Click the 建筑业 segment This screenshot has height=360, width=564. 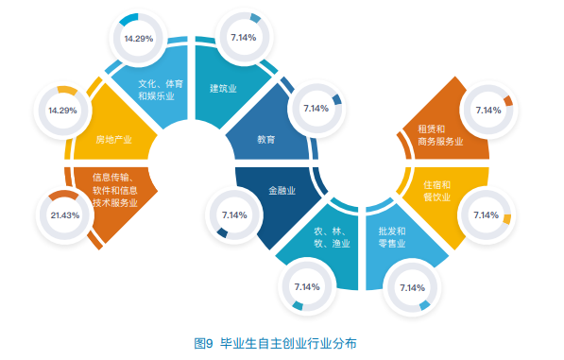pos(223,89)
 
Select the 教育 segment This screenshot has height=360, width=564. pos(266,139)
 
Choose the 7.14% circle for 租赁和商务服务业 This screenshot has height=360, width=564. pos(488,110)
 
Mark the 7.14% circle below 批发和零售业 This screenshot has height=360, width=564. pos(413,287)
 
